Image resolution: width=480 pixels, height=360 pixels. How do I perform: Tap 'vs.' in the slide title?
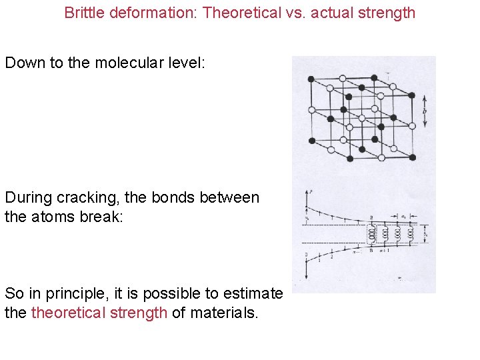293,13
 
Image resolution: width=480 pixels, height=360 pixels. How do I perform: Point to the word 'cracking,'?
85,197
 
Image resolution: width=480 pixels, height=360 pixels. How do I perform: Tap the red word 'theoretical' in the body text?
99,313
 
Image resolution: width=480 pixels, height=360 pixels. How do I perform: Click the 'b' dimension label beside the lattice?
425,110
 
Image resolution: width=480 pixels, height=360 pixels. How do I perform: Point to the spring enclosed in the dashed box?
371,234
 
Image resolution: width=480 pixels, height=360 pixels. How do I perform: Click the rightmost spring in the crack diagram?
411,234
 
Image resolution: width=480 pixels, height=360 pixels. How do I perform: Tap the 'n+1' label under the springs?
384,251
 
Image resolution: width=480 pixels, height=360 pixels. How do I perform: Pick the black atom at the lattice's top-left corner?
311,79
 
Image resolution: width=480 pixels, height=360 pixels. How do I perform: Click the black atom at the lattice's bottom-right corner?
413,157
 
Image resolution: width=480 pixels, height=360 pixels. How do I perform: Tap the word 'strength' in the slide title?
387,13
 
